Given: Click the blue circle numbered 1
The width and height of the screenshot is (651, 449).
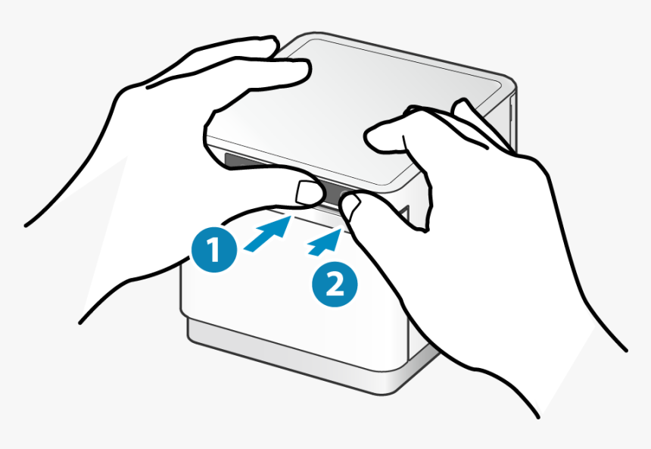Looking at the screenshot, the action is (214, 249).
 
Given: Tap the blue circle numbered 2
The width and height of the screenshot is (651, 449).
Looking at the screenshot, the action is (335, 284).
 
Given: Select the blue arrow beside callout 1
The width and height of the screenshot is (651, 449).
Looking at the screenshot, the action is (268, 235).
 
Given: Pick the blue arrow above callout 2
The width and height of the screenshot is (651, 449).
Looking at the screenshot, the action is (325, 242).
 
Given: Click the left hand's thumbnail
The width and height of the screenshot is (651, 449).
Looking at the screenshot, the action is (307, 193).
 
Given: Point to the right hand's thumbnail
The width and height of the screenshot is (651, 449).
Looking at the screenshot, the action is (350, 207).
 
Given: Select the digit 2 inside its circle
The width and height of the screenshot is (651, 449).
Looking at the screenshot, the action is (335, 285).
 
